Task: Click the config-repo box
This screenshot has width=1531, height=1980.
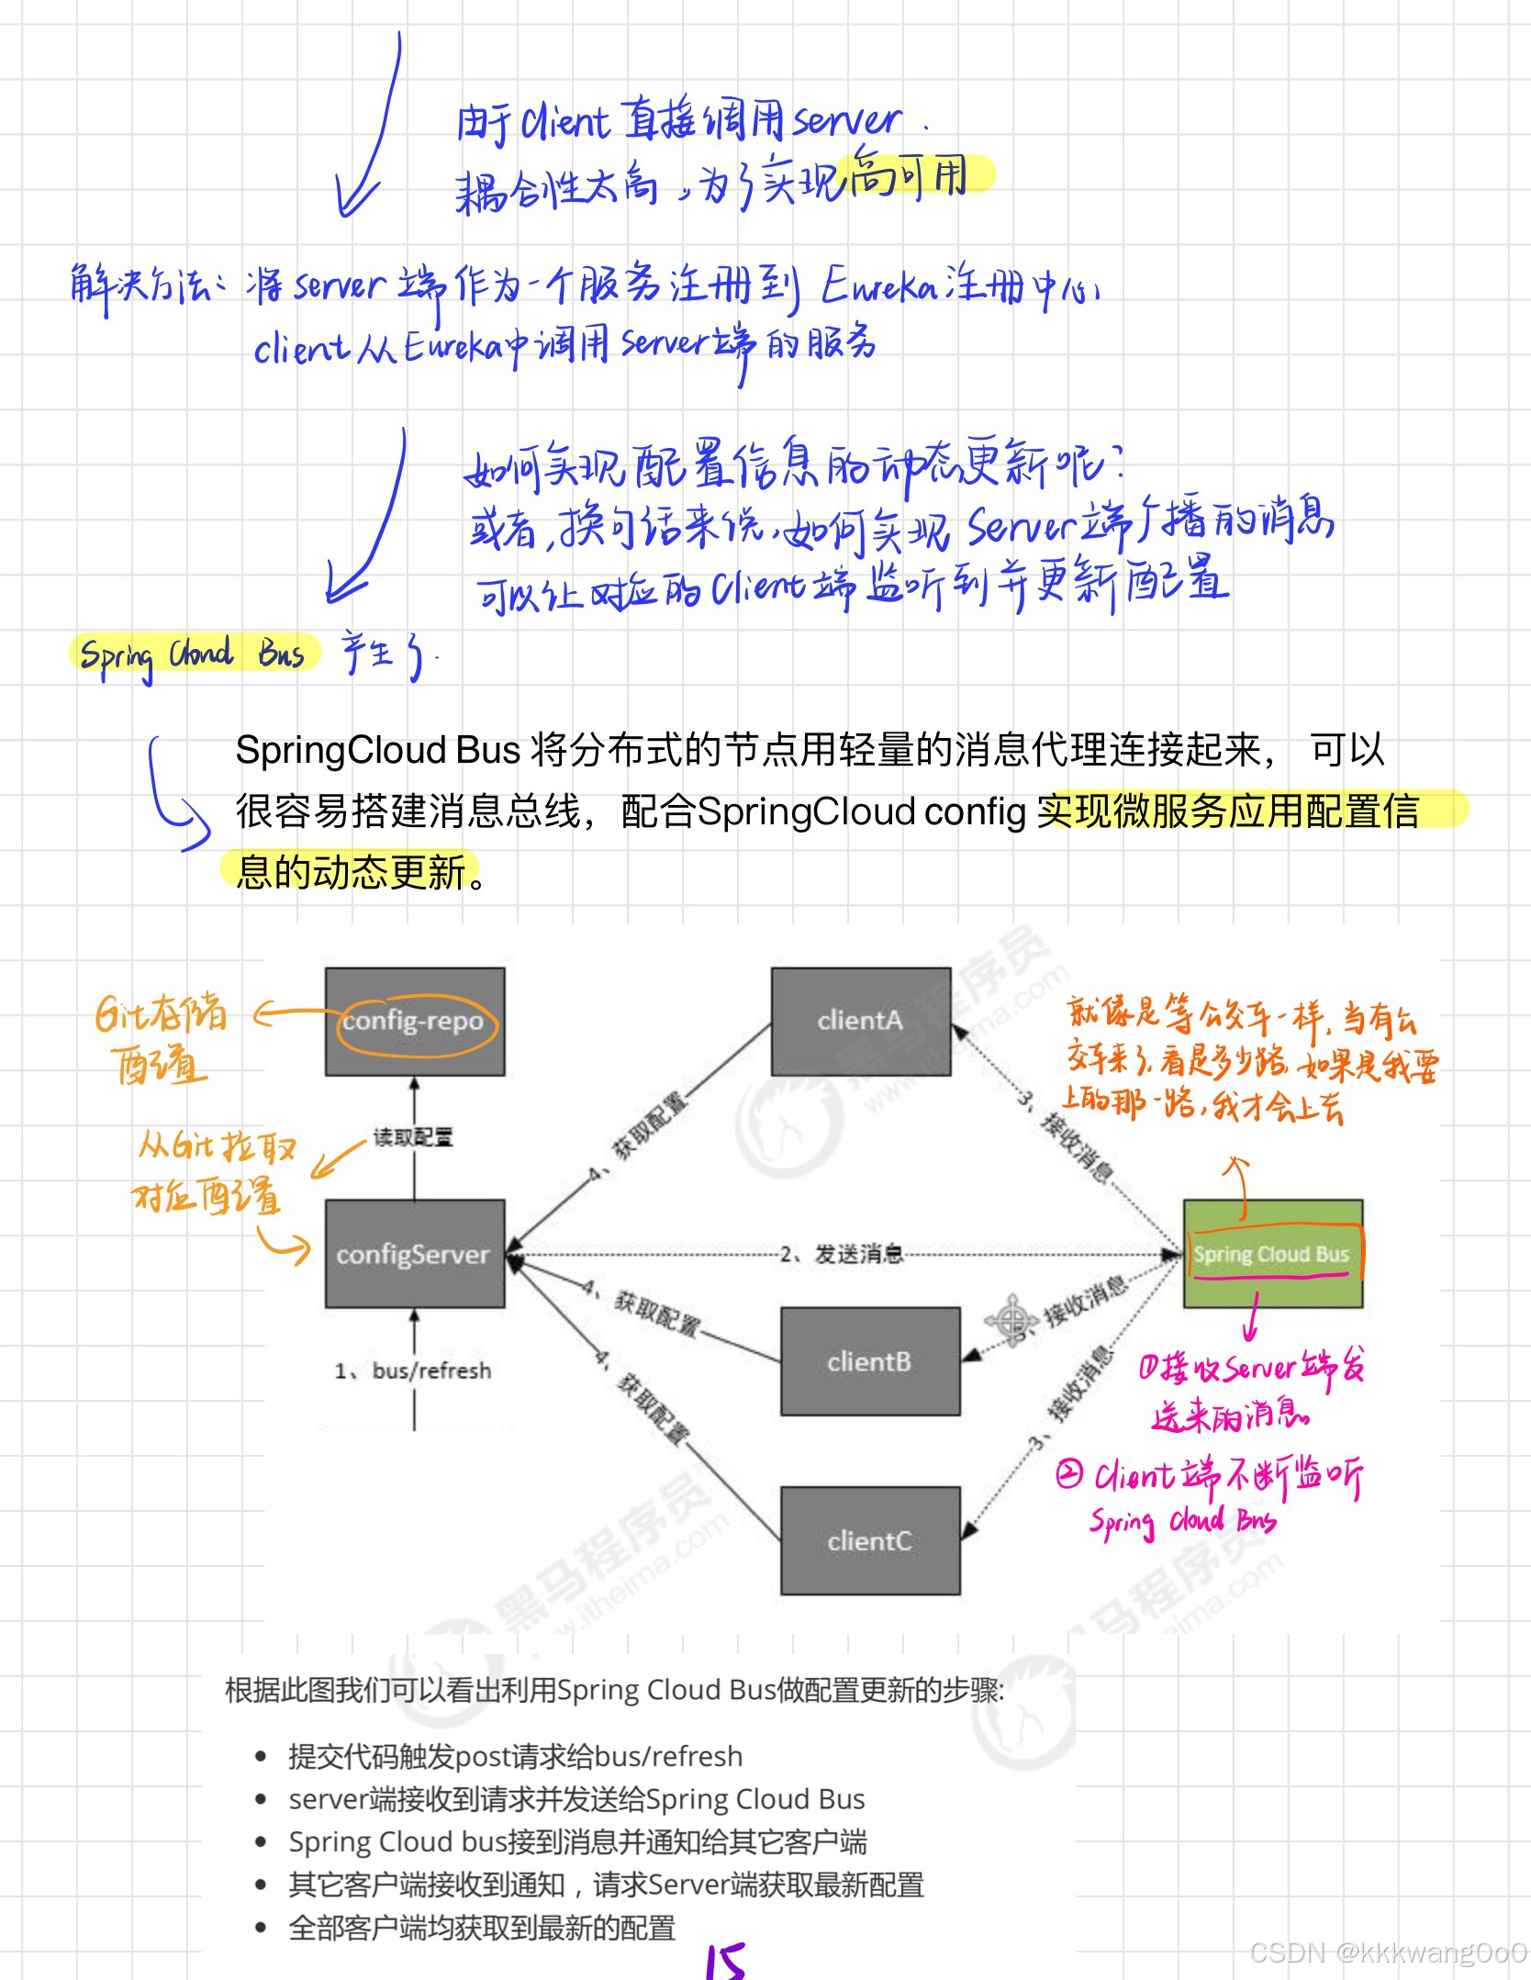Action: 415,1021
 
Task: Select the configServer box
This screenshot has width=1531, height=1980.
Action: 415,1253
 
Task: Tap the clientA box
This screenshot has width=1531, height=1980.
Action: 860,1021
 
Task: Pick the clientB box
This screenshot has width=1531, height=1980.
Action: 869,1360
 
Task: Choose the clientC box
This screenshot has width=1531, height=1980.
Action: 869,1540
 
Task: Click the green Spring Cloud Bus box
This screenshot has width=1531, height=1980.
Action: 1272,1254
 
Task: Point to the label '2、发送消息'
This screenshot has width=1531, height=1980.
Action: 841,1254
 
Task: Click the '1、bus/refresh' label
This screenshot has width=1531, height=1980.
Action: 414,1370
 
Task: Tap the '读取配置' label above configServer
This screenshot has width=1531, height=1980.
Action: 413,1137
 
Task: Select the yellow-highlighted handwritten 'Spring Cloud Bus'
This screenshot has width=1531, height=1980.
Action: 193,654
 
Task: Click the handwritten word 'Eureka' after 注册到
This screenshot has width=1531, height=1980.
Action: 878,286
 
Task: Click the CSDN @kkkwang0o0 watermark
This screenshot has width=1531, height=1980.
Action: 1388,1952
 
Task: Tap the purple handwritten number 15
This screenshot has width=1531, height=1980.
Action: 726,1961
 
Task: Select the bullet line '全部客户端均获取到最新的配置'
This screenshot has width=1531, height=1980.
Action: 482,1927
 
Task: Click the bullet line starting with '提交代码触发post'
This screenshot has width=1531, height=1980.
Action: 515,1756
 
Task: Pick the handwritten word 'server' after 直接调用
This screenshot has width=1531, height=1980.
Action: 846,121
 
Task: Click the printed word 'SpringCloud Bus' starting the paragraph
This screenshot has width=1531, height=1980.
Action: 378,750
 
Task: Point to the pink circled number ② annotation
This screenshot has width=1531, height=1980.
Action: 1068,1474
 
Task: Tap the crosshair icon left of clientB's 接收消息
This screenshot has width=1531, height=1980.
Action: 1011,1320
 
